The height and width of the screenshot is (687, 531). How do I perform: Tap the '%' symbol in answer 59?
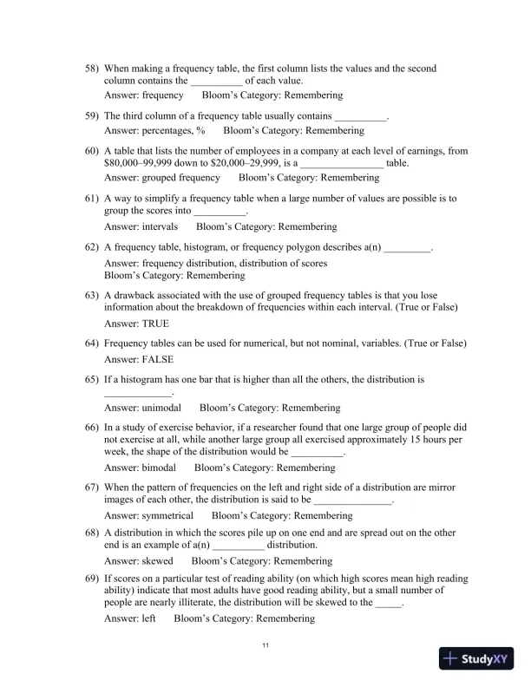click(x=200, y=130)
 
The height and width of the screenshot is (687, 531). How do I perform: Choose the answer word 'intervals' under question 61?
click(x=160, y=226)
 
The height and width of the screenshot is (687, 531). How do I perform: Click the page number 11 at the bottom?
click(x=265, y=645)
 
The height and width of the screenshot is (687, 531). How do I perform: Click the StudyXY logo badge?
click(x=479, y=658)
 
